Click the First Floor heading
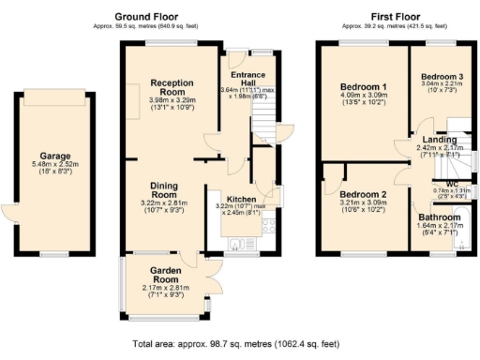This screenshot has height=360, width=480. point(393,17)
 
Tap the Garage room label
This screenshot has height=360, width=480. point(55,156)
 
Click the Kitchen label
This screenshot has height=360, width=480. point(231,198)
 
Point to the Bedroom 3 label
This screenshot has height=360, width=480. point(441,76)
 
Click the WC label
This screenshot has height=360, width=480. point(452,183)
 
